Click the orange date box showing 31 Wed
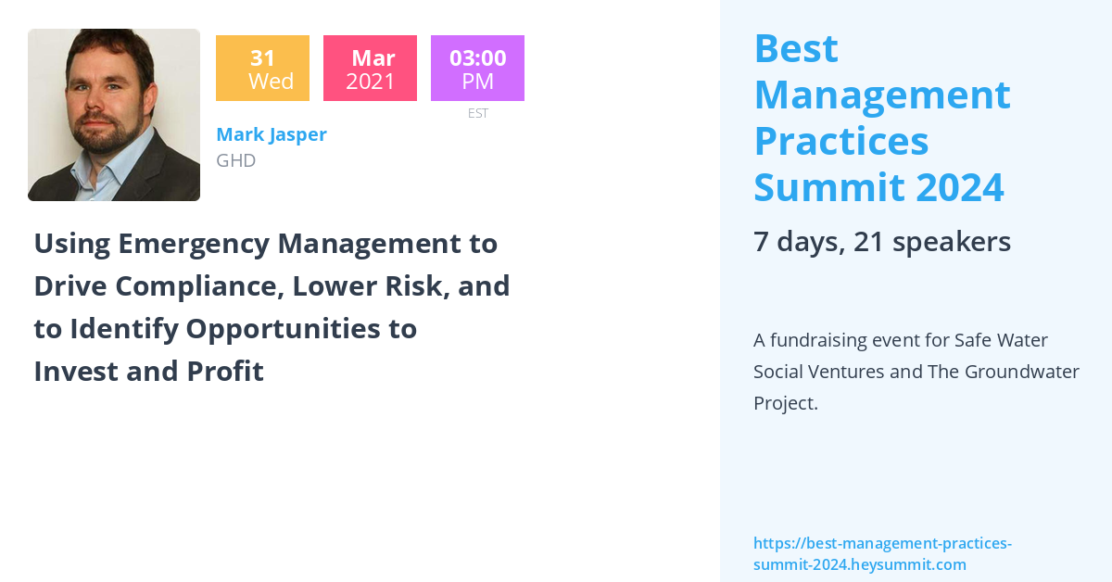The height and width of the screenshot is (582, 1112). coord(262,69)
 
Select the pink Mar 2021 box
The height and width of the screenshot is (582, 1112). coord(370,69)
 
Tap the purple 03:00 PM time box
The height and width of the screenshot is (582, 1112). coord(477,69)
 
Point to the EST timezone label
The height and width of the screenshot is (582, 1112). coord(477,113)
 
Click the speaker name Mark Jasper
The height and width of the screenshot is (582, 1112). coord(272,134)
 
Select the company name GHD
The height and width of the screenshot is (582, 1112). coord(235,160)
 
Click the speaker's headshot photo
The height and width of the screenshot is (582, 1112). coord(114,115)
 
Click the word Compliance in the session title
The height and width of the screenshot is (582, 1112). coord(196,286)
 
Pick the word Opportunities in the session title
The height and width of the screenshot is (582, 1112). coord(301,329)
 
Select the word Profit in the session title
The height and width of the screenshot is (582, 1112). coord(225,372)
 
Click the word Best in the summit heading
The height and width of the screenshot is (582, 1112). coord(796,49)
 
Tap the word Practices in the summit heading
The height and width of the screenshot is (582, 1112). coord(840,141)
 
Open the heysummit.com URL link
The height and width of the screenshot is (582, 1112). coord(881,553)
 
